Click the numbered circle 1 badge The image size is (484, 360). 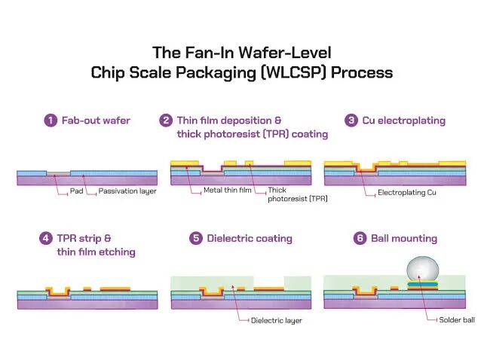tap(51, 120)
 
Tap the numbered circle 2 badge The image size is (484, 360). tap(166, 120)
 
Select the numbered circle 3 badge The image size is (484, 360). tap(351, 120)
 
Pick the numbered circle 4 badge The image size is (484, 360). tap(46, 238)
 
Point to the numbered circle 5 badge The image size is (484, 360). tap(195, 238)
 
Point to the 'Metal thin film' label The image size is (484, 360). tap(226, 190)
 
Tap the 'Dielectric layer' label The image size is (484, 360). tap(276, 321)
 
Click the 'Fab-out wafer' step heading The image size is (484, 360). tap(96, 120)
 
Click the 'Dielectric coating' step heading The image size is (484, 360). tap(249, 238)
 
